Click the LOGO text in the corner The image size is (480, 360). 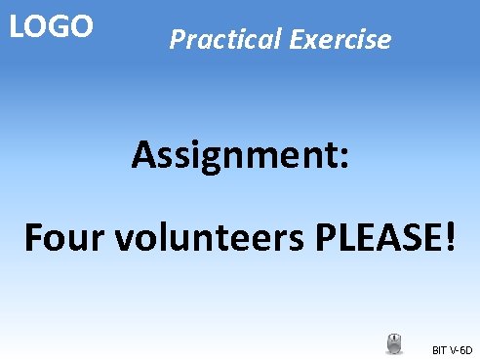click(x=51, y=26)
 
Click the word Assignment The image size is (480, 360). click(x=230, y=154)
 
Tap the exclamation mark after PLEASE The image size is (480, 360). click(x=448, y=237)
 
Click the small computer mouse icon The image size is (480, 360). click(x=394, y=343)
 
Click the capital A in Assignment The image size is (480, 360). click(x=144, y=153)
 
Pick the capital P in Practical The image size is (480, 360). click(x=177, y=40)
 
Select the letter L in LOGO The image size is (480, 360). click(x=17, y=26)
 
